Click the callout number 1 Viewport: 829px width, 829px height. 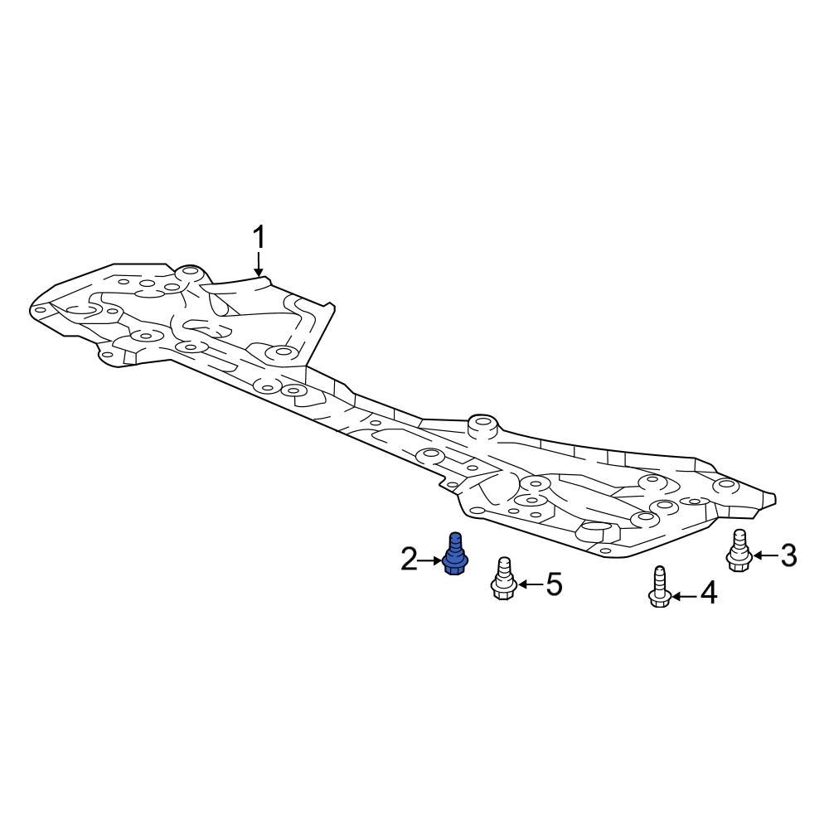pyautogui.click(x=259, y=238)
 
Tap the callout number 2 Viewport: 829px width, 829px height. pyautogui.click(x=410, y=560)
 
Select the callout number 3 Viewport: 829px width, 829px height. pyautogui.click(x=788, y=555)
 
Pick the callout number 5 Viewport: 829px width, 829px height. pyautogui.click(x=553, y=584)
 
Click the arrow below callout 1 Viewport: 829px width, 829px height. pyautogui.click(x=259, y=264)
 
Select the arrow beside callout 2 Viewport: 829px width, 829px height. pyautogui.click(x=432, y=561)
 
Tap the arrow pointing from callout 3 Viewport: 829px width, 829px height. pyautogui.click(x=764, y=555)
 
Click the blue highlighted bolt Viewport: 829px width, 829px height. pyautogui.click(x=453, y=555)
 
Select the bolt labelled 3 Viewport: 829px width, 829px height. pyautogui.click(x=739, y=551)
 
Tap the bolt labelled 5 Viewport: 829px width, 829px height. pyautogui.click(x=502, y=579)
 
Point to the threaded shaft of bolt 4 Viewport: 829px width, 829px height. pyautogui.click(x=659, y=578)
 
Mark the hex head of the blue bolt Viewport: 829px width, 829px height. pyautogui.click(x=453, y=566)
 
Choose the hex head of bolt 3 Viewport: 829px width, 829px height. pyautogui.click(x=738, y=562)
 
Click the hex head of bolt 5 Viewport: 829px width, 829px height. pyautogui.click(x=502, y=590)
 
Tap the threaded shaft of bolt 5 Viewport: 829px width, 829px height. pyautogui.click(x=502, y=570)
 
